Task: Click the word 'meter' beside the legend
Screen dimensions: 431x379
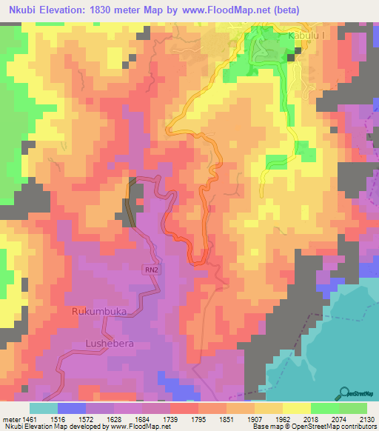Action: [13, 419]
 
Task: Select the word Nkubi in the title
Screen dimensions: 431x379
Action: [19, 10]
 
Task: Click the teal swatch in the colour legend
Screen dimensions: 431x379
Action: [43, 408]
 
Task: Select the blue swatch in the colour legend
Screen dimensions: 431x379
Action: [71, 408]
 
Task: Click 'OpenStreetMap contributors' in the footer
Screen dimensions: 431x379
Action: [336, 427]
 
